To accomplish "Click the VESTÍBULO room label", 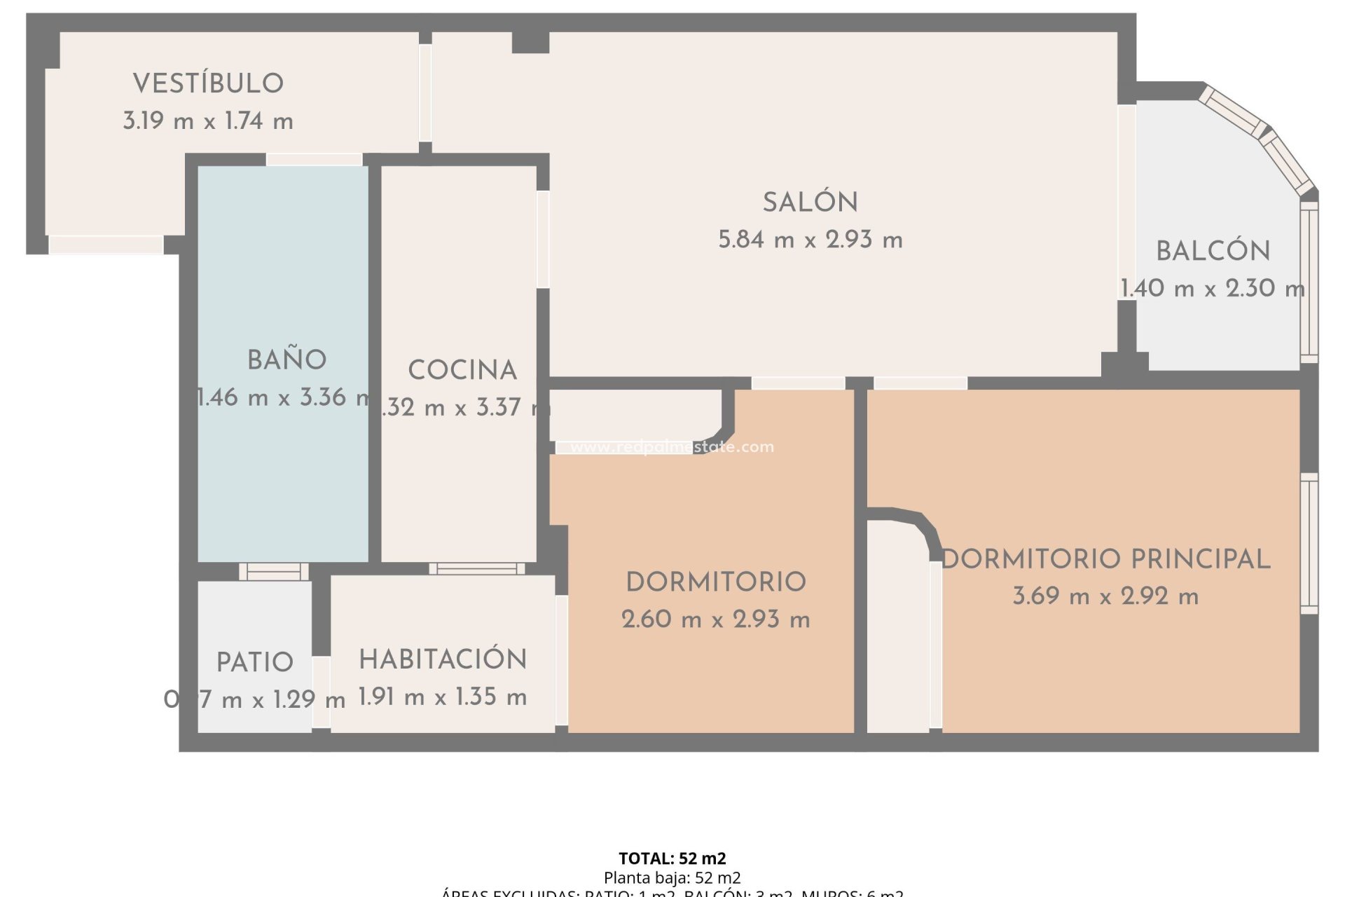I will (x=208, y=83).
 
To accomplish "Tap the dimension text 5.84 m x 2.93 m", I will (x=810, y=240).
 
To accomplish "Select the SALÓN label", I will (x=810, y=203).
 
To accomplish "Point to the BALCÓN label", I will (x=1213, y=251).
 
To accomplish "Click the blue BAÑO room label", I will (x=287, y=360).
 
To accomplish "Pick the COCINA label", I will (x=462, y=370).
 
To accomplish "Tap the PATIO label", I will (x=254, y=662).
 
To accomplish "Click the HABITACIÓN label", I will (x=443, y=659).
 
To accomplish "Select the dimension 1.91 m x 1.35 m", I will (x=443, y=697).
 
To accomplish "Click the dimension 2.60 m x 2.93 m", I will (x=715, y=619).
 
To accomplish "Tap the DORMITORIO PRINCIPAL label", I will (x=1105, y=559).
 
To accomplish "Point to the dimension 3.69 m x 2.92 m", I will (x=1105, y=596).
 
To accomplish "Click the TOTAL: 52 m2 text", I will (x=672, y=858).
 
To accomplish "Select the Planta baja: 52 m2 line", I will (x=672, y=877).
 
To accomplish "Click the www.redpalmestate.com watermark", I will (x=672, y=447).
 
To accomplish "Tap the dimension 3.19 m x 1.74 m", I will (x=208, y=121).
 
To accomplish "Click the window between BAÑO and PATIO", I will (x=273, y=572).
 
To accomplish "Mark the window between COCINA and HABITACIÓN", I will (x=476, y=568).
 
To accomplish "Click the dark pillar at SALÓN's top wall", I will (x=530, y=42).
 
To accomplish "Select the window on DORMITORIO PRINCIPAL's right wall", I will (x=1309, y=543).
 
